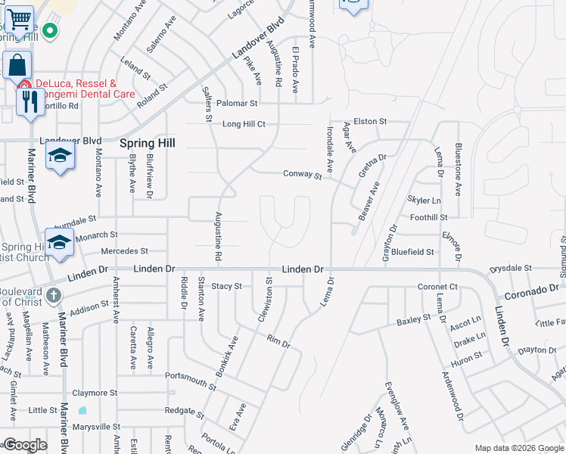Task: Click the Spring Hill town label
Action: pyautogui.click(x=147, y=142)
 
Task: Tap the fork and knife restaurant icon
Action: pyautogui.click(x=30, y=101)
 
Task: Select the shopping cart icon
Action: pyautogui.click(x=19, y=17)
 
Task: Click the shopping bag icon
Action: pyautogui.click(x=17, y=65)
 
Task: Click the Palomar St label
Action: pyautogui.click(x=238, y=103)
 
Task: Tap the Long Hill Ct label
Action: pyautogui.click(x=244, y=124)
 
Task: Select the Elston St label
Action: pyautogui.click(x=370, y=121)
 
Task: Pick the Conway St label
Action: pyautogui.click(x=303, y=174)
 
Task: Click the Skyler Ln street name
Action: pyautogui.click(x=424, y=201)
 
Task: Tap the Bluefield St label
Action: pyautogui.click(x=413, y=252)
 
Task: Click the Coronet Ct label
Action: pyautogui.click(x=438, y=287)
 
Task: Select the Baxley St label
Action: pyautogui.click(x=413, y=321)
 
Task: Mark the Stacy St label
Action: pyautogui.click(x=226, y=286)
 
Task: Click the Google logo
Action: pyautogui.click(x=26, y=445)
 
